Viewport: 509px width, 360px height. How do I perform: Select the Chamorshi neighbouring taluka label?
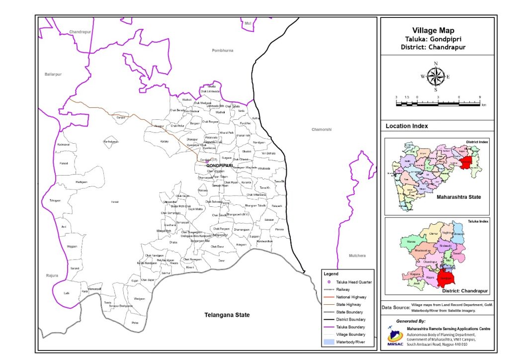(x=321, y=130)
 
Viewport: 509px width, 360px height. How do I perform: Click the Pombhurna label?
(x=222, y=51)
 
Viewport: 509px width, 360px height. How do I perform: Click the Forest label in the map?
(x=115, y=202)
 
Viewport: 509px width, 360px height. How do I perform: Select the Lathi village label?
(x=67, y=293)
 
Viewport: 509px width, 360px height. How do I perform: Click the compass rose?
(x=435, y=77)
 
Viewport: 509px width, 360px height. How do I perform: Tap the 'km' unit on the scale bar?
(x=483, y=106)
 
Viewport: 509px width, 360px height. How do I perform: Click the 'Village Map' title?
(x=437, y=31)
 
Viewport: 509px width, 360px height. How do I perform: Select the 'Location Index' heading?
(x=407, y=126)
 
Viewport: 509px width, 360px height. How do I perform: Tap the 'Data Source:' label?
(x=395, y=308)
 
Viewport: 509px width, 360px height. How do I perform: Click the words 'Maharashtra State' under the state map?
(x=458, y=197)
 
